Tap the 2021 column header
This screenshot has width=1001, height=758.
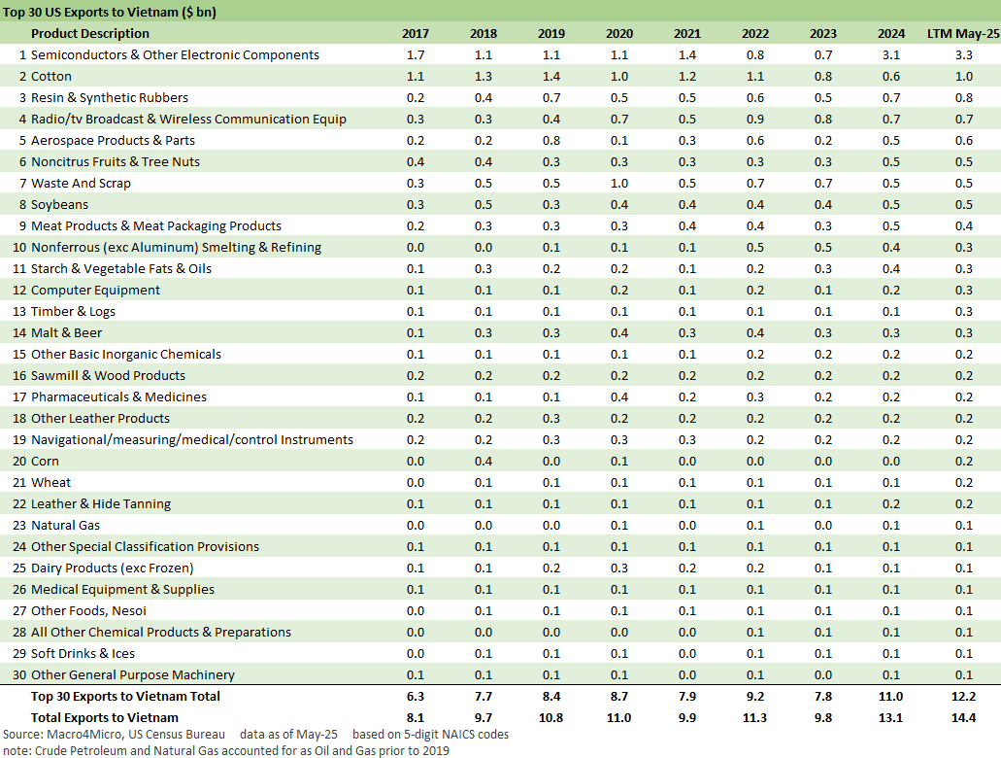686,34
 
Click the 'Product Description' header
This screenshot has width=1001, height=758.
92,34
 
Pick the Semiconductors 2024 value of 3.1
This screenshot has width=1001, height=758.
891,55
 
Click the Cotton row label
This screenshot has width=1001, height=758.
51,77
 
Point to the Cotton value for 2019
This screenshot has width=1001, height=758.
551,77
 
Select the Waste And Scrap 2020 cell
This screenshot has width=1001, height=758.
619,184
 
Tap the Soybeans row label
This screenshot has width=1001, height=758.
59,205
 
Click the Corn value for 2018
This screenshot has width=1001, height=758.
484,462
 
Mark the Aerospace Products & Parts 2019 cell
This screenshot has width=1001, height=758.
551,141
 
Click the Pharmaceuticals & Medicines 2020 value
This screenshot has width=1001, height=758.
619,397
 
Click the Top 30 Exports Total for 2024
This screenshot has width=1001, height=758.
891,697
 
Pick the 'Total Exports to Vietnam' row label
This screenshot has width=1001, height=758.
105,718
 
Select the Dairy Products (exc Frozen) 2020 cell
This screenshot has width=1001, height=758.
619,568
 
